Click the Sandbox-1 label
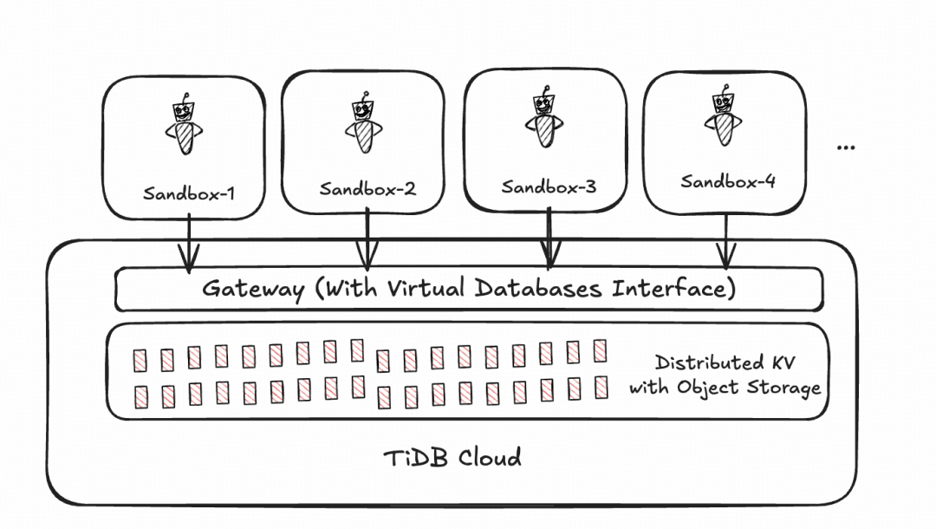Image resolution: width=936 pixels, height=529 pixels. coord(189,193)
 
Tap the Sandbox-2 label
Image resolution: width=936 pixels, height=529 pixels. coord(367,189)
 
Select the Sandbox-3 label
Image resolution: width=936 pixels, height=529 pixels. coord(549,186)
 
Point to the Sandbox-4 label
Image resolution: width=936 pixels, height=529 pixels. coord(728,181)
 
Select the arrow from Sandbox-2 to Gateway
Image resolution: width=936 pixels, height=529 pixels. coord(367,238)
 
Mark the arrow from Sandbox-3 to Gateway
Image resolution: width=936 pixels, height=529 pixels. coord(549,238)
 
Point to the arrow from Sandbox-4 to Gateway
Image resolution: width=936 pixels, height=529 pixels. coord(726,242)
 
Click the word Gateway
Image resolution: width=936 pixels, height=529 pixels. coord(253,290)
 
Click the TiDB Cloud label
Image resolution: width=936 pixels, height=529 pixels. coord(452,458)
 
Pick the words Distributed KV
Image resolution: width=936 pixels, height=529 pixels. coord(725,362)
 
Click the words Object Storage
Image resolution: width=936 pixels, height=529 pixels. coord(749,389)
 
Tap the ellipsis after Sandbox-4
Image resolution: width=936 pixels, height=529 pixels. coord(846,147)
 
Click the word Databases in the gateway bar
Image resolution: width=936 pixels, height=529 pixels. coord(538,288)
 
